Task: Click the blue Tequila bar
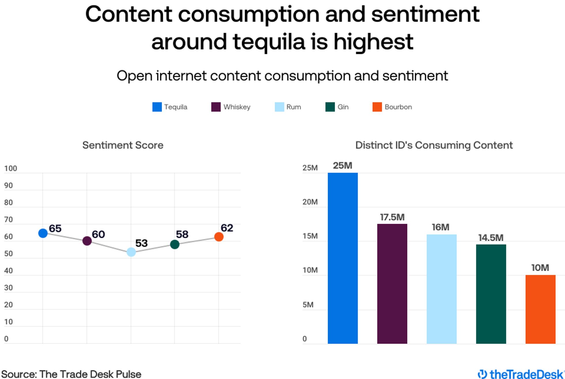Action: coord(342,258)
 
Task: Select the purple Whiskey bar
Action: coord(392,284)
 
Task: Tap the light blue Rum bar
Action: coord(441,289)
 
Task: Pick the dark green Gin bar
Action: coord(491,294)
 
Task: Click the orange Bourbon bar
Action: coord(540,309)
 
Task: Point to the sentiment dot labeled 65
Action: coord(43,233)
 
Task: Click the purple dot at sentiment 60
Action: coord(87,241)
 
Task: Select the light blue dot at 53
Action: coord(131,252)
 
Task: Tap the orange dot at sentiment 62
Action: coord(219,237)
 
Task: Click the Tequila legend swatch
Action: coord(157,107)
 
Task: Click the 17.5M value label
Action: coord(392,217)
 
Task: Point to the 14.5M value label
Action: coord(491,238)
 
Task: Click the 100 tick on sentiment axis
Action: coord(11,168)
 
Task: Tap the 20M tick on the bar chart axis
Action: coord(310,202)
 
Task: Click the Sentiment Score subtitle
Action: coord(123,145)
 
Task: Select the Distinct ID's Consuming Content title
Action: coord(434,145)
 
